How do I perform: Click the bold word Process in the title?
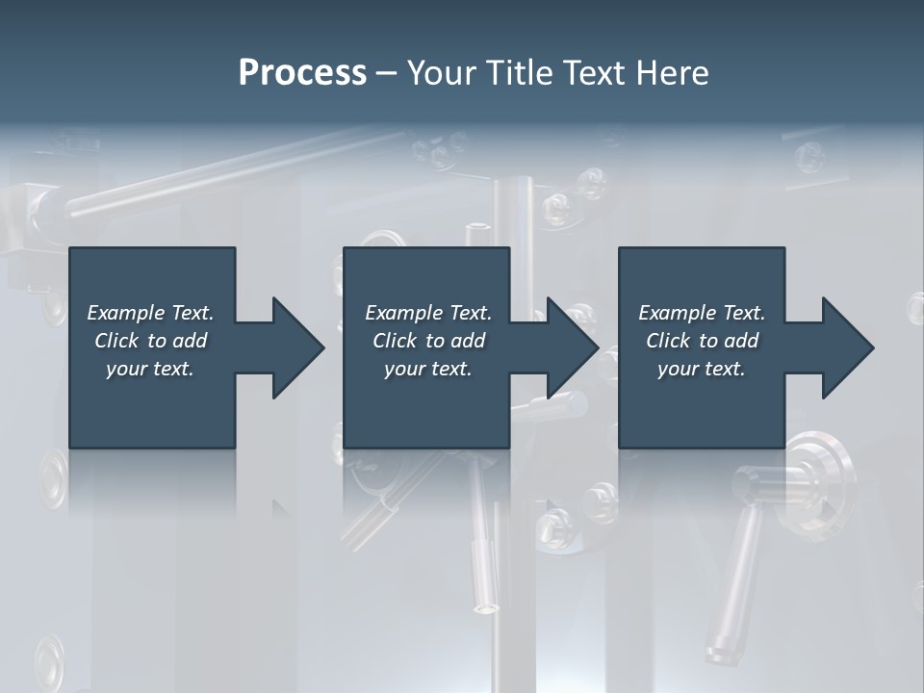pos(302,73)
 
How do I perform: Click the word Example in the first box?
pos(126,313)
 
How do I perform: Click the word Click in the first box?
pos(116,341)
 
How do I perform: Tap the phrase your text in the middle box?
pos(427,369)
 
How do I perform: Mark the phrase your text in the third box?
pos(701,369)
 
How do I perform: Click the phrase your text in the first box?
pos(150,369)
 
